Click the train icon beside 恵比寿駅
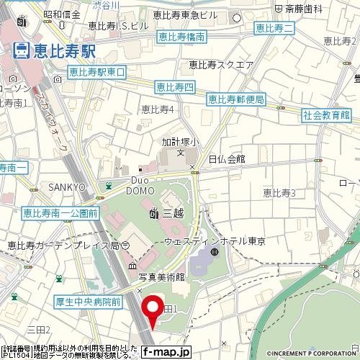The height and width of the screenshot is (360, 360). coord(21,50)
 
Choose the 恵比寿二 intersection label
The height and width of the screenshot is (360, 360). coord(274,28)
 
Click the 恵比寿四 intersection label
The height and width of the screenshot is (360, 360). coord(175,87)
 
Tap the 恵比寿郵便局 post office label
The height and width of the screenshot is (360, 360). coord(235,99)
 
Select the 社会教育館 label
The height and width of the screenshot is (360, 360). coord(326,114)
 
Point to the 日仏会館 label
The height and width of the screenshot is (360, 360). coord(227,158)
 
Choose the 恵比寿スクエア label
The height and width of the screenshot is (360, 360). coord(221,65)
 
